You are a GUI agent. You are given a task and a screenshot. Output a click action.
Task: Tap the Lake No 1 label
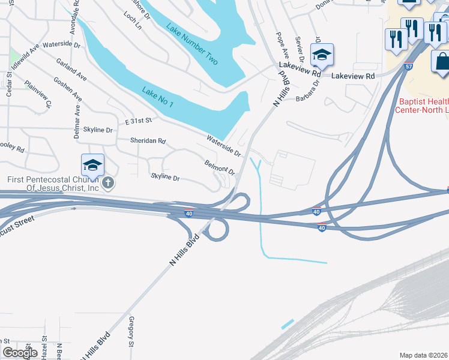158,97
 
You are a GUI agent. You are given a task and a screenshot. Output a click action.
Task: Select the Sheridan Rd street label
148,141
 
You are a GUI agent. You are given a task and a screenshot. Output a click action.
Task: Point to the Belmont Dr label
219,167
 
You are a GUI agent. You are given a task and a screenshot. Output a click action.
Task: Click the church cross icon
108,182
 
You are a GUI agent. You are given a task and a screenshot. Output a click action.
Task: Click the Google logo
20,353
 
